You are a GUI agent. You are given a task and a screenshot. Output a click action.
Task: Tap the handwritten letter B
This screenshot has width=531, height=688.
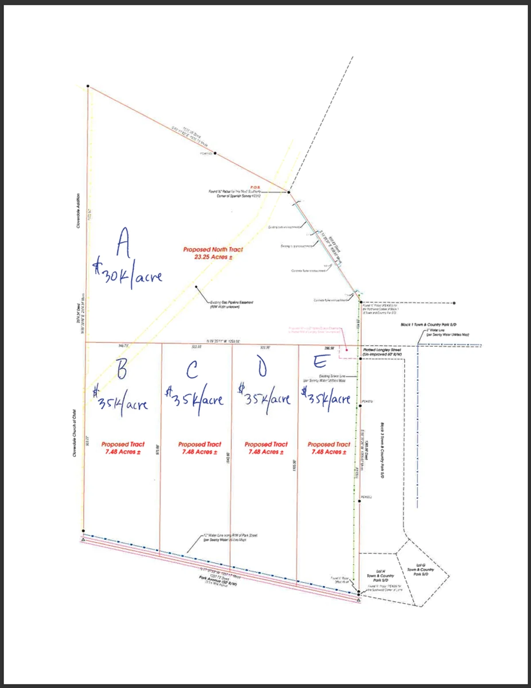coord(121,368)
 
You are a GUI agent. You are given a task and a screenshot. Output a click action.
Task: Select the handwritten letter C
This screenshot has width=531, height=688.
coord(192,370)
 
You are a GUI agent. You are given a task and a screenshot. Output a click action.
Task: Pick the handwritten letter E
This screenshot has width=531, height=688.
coord(320,362)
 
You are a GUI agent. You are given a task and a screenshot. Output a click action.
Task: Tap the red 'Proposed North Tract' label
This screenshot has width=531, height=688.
coord(213,250)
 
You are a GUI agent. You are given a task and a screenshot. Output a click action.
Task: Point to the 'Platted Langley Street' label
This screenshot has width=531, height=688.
coord(382,350)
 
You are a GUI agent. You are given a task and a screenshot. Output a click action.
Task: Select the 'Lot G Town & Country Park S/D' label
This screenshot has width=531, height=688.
coord(420,570)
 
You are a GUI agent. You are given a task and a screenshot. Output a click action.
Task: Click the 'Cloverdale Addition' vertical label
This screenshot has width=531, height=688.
coord(78,210)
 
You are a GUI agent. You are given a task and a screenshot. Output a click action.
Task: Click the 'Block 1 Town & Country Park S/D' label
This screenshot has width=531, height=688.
coord(428,325)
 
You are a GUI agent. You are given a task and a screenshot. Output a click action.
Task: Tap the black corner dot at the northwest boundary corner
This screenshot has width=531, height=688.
coord(88,86)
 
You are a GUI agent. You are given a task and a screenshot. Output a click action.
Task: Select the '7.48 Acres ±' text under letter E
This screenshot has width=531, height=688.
coord(329,452)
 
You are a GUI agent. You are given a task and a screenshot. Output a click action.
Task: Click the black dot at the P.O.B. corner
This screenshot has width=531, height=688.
coord(289,192)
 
